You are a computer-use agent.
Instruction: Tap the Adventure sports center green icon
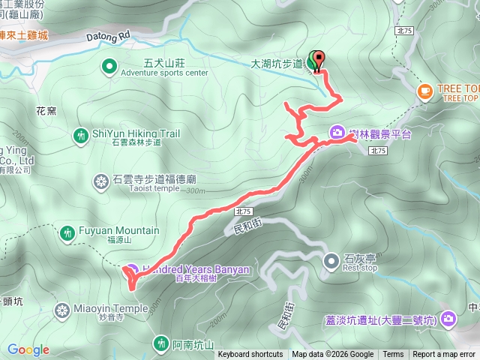coord(109,67)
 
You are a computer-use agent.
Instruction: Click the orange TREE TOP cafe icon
coord(425,91)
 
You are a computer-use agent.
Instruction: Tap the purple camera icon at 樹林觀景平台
coord(337,133)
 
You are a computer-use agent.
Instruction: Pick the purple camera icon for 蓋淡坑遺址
coord(448,319)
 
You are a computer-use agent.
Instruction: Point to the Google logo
coord(28,349)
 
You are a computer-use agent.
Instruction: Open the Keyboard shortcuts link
coord(250,355)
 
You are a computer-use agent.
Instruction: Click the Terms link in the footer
coord(393,355)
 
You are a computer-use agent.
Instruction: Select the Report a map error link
coord(445,355)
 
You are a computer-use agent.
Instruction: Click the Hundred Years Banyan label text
coord(180,268)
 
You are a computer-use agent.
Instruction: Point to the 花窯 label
coord(46,110)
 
